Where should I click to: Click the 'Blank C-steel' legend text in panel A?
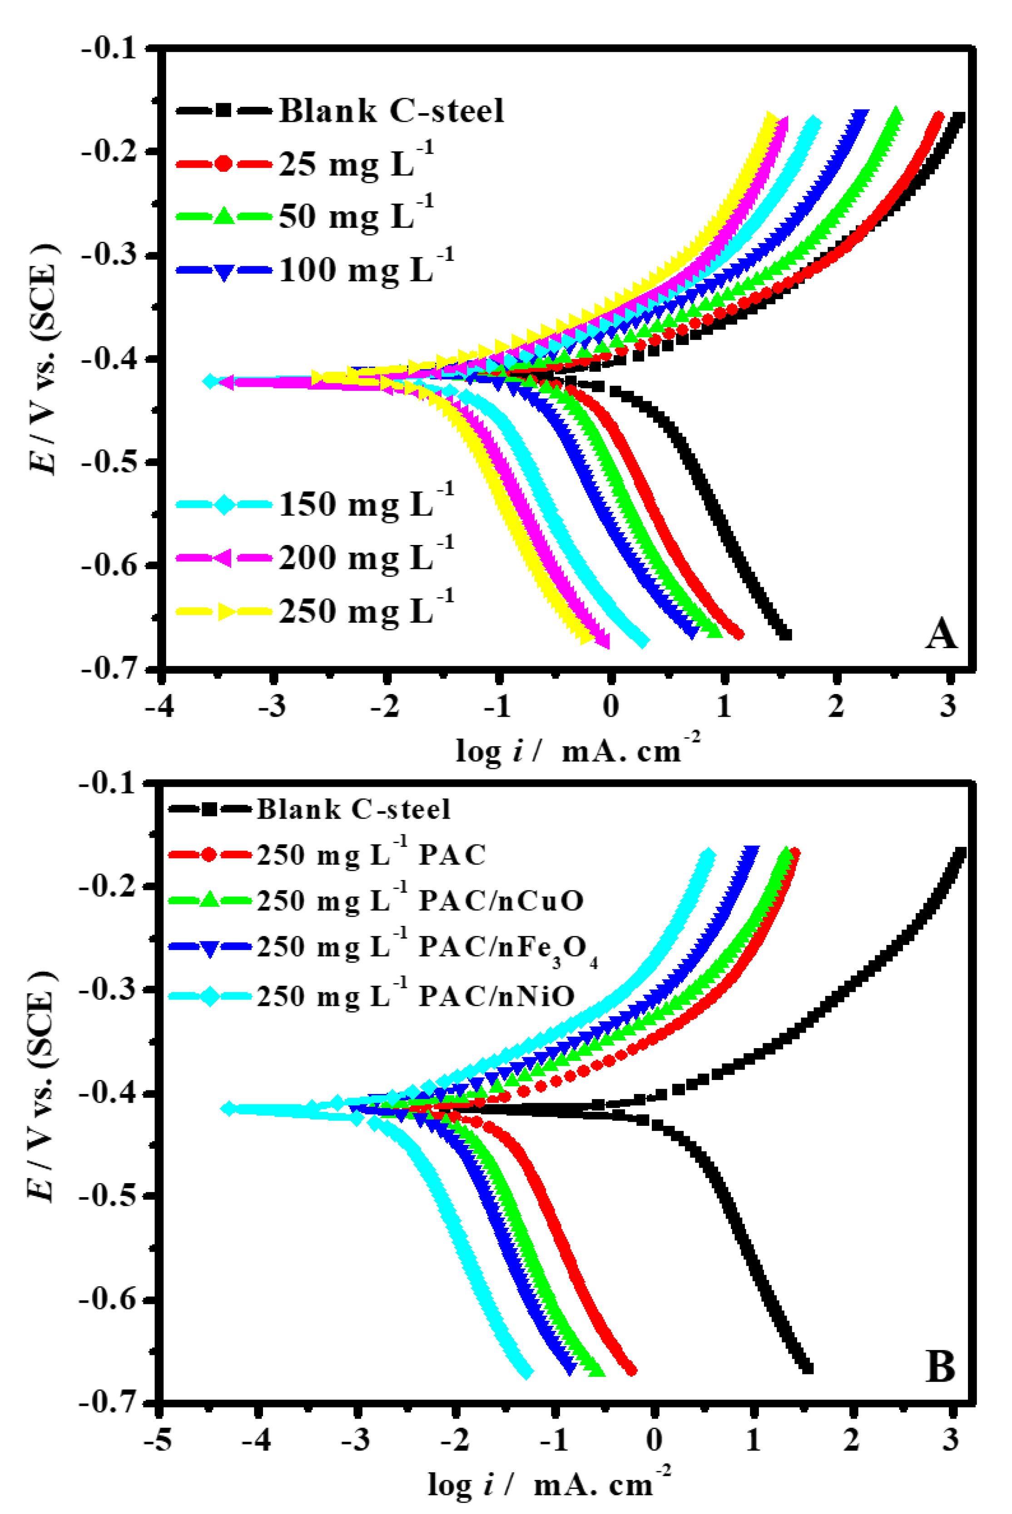tap(391, 110)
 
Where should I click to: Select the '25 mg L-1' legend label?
tap(356, 163)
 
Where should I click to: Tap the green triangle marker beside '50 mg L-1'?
tap(224, 216)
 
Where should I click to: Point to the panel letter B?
tap(940, 1367)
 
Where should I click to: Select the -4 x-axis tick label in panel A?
tap(159, 706)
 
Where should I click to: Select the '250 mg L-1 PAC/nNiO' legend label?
tap(416, 996)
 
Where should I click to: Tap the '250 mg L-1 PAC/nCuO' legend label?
tap(420, 901)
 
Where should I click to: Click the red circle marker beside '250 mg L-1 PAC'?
tap(208, 855)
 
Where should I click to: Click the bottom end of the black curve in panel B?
tap(807, 1368)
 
